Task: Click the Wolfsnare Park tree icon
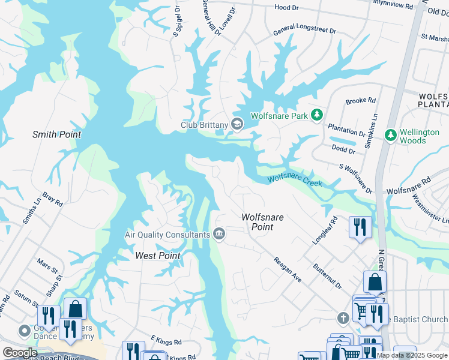(317, 115)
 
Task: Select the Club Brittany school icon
(237, 124)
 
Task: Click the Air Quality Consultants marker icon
(219, 233)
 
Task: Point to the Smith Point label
(56, 134)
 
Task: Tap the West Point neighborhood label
(158, 256)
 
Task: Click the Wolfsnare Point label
(262, 222)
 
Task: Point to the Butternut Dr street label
(326, 277)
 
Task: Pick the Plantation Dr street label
(346, 129)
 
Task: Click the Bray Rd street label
(52, 200)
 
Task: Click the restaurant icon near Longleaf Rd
(360, 227)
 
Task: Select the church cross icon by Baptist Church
(343, 318)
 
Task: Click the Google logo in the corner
(20, 353)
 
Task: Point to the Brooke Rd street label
(360, 101)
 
